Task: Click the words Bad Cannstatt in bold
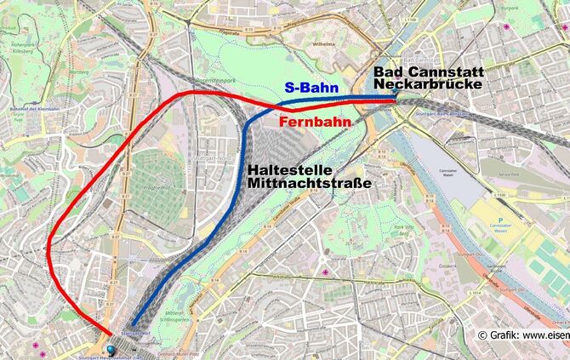428,71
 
